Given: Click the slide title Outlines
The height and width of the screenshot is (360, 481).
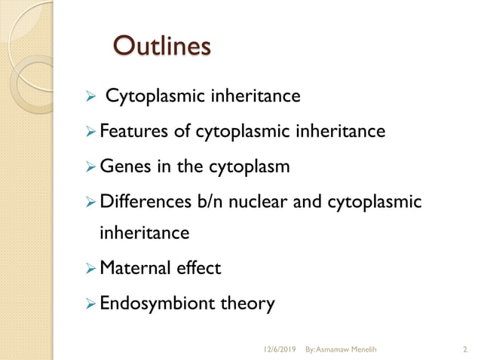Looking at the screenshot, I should coord(160,46).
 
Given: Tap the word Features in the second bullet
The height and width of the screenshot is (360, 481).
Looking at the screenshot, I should coord(131,132).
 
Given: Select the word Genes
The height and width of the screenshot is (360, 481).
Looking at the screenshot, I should coord(124,166).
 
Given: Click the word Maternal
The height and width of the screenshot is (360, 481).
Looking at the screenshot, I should coord(134,268).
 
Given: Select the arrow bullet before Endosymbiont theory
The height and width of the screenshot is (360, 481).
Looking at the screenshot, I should coord(91,304).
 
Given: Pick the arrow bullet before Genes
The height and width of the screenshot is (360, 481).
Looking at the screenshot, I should coord(91,166).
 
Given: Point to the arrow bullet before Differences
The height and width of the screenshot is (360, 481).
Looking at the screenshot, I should coord(91,200).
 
